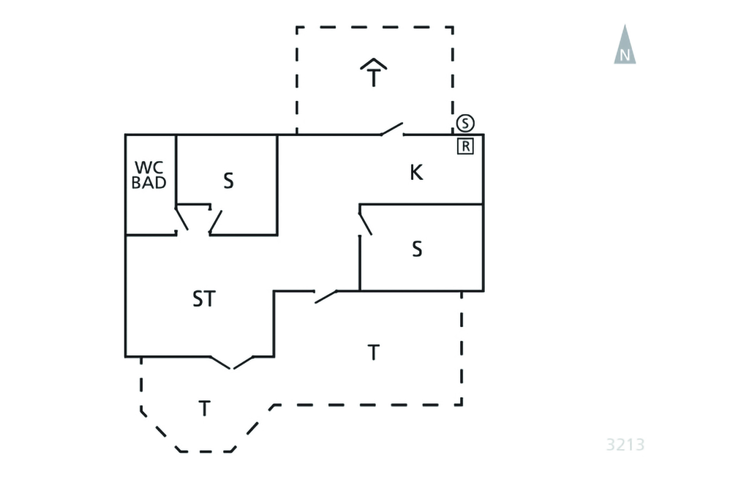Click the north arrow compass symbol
click(x=625, y=45)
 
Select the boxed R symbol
click(x=465, y=146)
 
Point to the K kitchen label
click(x=416, y=173)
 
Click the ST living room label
click(x=204, y=298)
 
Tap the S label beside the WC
click(x=228, y=181)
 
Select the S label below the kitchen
click(x=417, y=249)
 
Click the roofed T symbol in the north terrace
click(x=374, y=73)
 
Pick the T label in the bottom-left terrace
click(x=204, y=409)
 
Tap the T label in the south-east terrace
click(x=373, y=353)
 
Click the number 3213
click(x=625, y=444)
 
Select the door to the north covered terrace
click(x=392, y=131)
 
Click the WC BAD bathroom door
click(x=182, y=220)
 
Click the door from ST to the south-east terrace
click(x=325, y=296)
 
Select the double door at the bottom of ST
click(x=232, y=362)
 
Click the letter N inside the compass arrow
click(x=625, y=55)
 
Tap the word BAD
click(x=149, y=184)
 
